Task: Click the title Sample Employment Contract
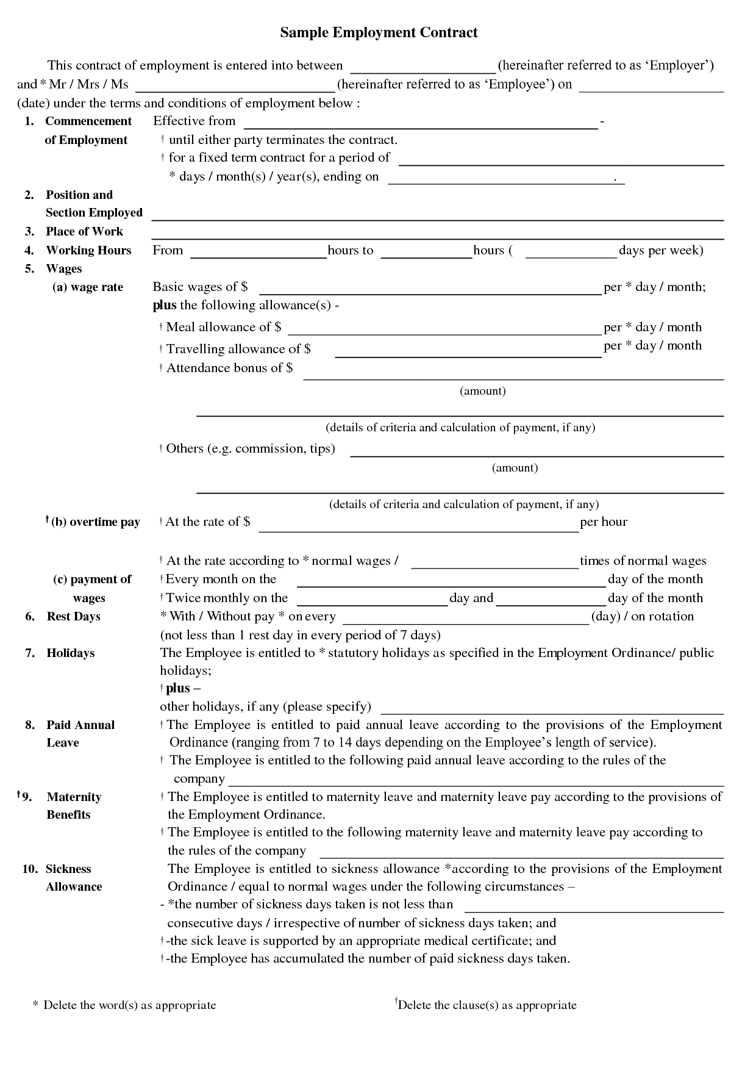379,33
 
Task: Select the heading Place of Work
84,232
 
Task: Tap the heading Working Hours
88,251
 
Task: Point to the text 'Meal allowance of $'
223,328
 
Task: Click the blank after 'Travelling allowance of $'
468,351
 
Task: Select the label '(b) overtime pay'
95,522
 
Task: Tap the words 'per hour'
604,522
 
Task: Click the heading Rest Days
73,617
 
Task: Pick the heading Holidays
71,653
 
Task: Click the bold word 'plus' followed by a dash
178,689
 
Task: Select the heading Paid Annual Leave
80,734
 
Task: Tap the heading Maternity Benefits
73,806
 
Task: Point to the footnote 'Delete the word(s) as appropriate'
129,1005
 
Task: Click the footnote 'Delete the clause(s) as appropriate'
487,1005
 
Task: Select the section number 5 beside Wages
29,269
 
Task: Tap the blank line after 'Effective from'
420,124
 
